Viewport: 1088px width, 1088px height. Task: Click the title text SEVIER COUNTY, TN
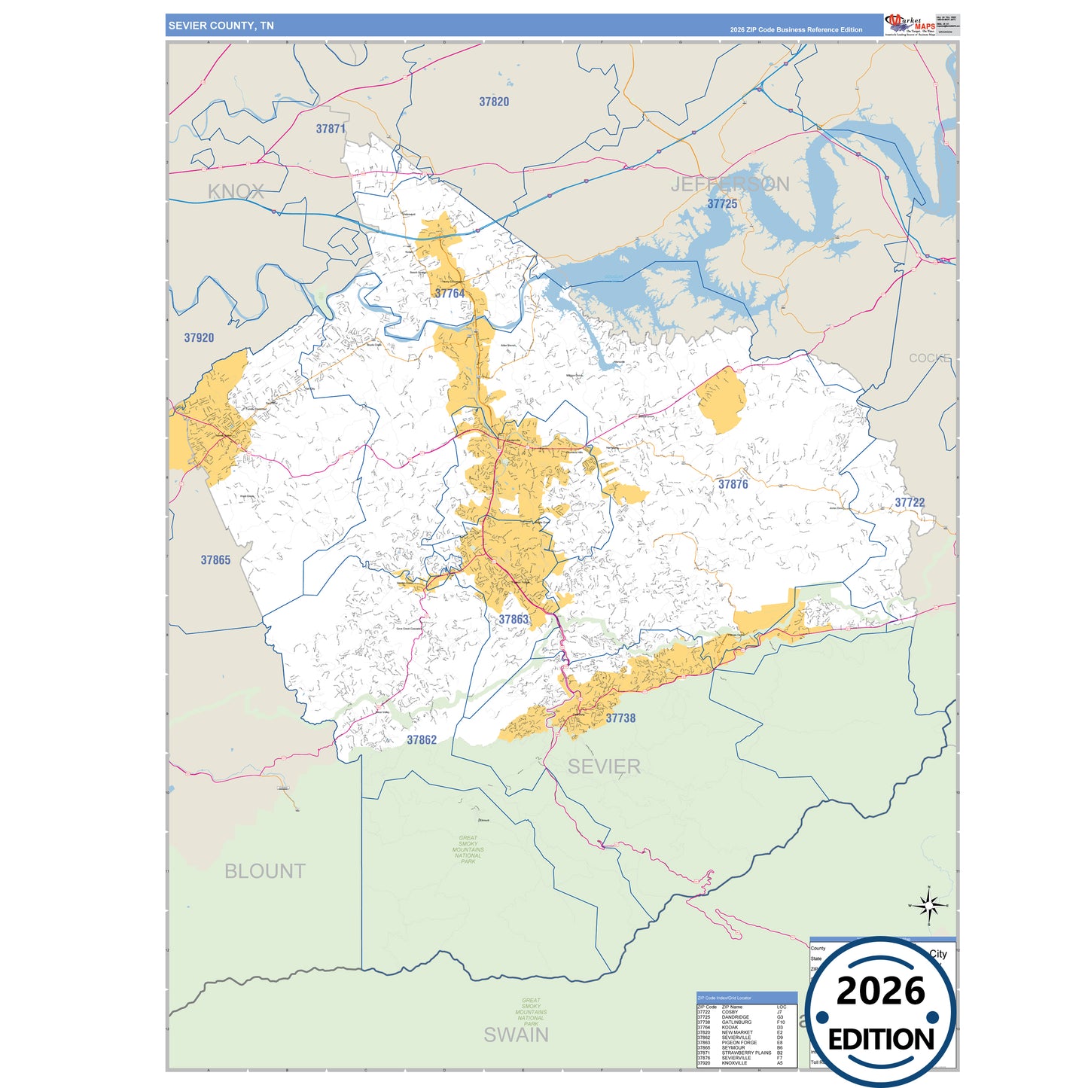point(221,26)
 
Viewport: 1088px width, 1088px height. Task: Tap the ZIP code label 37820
point(494,102)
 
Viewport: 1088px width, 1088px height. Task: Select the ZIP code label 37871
point(331,129)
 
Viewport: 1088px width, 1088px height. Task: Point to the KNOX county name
point(236,191)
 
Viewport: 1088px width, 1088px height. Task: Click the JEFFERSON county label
point(730,184)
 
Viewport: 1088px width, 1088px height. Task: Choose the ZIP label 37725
point(722,204)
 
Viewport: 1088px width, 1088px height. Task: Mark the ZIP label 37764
point(450,294)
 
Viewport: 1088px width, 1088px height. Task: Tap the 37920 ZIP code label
point(199,338)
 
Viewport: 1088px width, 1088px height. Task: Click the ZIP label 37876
point(733,484)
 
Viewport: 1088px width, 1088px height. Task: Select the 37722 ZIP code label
point(910,502)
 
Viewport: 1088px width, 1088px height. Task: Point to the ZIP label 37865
point(215,560)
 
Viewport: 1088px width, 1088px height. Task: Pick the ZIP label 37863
point(514,620)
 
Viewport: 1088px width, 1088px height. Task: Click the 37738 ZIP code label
point(620,718)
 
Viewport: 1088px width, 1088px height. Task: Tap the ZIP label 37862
point(422,740)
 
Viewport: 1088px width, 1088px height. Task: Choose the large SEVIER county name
point(604,766)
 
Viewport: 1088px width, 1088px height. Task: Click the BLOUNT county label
point(265,871)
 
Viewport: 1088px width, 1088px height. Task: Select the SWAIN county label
point(516,1035)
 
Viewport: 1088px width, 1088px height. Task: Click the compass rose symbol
point(929,905)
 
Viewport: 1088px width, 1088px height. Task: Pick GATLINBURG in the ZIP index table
point(736,1022)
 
